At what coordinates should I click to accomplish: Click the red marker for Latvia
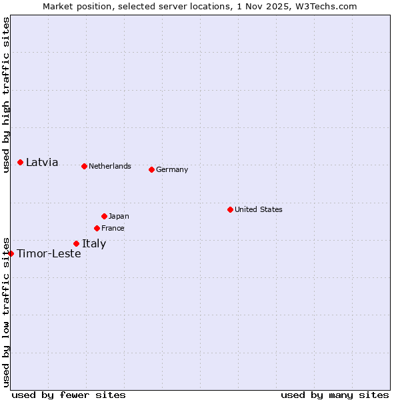(x=21, y=162)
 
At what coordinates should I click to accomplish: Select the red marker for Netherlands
(x=84, y=166)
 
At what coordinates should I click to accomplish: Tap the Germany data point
(x=151, y=169)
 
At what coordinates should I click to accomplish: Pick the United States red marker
(x=230, y=209)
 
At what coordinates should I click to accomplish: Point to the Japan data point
(x=104, y=216)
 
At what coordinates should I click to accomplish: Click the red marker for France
(x=97, y=228)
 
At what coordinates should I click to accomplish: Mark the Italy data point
(x=76, y=243)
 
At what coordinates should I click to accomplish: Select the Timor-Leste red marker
(x=11, y=253)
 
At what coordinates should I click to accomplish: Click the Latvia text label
(x=42, y=162)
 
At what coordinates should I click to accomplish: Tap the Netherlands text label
(x=110, y=166)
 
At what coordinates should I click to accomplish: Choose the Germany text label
(x=172, y=169)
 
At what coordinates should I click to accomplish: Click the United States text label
(x=259, y=209)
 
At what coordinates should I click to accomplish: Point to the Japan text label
(x=119, y=216)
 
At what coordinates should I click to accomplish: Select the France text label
(x=113, y=228)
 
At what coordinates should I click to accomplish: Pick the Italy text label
(x=94, y=243)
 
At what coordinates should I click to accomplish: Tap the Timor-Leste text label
(x=49, y=253)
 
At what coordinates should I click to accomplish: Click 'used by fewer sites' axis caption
(x=69, y=395)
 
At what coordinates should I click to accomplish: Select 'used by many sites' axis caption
(x=335, y=395)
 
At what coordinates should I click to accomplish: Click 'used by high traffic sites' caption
(x=6, y=95)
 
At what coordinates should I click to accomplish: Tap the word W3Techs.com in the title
(x=327, y=6)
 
